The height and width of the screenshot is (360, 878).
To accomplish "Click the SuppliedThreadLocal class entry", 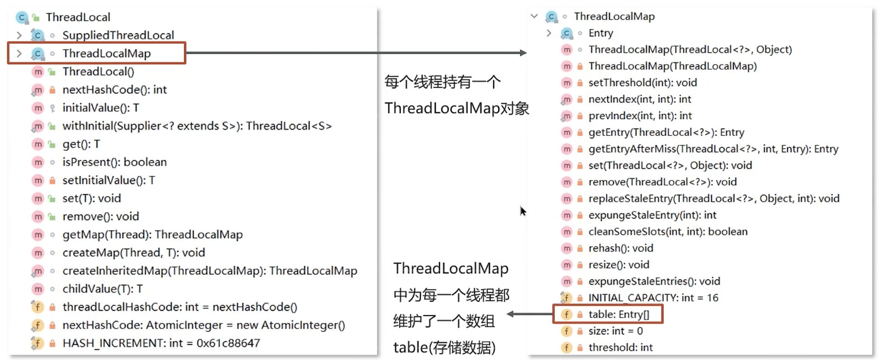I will [118, 35].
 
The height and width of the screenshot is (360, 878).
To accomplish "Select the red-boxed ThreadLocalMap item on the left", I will [106, 53].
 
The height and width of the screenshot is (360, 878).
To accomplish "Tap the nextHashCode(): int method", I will [114, 90].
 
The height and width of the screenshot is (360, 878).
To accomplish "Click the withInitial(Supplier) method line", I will [196, 126].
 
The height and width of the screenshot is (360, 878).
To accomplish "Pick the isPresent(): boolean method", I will [114, 162].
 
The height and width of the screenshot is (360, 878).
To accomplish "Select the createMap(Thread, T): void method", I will [133, 253].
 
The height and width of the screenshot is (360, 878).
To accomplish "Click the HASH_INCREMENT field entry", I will [161, 343].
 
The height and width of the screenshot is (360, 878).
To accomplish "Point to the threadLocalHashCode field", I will [180, 307].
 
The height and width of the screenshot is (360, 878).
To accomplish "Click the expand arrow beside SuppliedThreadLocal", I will [19, 35].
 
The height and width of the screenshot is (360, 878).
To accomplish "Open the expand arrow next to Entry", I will [549, 33].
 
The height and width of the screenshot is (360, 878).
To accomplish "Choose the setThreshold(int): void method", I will [642, 83].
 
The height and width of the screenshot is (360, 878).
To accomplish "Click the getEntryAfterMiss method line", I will [713, 149].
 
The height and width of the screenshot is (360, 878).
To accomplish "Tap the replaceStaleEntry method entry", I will [713, 199].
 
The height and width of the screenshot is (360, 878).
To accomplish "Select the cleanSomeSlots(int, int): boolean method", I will [667, 232].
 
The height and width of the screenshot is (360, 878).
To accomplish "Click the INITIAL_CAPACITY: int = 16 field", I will [653, 298].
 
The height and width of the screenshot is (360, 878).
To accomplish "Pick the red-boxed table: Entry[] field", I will [618, 314].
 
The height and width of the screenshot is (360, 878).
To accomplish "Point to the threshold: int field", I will [620, 348].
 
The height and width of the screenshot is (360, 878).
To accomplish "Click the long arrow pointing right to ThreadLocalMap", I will [356, 53].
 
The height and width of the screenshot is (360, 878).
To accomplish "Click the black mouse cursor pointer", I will [522, 211].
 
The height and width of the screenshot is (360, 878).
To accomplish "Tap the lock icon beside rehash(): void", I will [580, 249].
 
